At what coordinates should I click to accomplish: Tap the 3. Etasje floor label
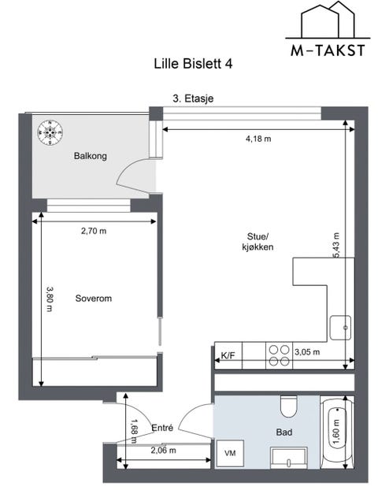point(193,98)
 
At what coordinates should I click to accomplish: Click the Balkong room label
point(90,156)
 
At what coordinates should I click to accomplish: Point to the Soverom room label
point(94,299)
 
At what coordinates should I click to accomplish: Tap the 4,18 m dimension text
point(258,139)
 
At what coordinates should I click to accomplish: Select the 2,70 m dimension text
point(94,232)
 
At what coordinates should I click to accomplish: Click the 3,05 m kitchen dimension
point(306,353)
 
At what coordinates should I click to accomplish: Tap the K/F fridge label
point(228,356)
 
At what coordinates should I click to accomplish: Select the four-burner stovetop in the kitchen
point(278,355)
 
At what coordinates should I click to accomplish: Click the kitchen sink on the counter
point(341,325)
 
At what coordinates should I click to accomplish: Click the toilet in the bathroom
point(288,406)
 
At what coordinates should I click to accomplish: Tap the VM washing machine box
point(230,454)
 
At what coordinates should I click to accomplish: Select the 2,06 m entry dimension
point(163,451)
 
